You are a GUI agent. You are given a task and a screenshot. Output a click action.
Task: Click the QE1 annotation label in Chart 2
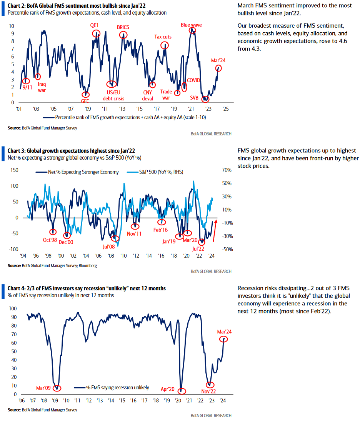point(95,25)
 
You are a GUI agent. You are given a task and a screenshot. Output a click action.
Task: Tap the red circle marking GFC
point(85,95)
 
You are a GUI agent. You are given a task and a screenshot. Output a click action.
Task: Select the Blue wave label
point(191,25)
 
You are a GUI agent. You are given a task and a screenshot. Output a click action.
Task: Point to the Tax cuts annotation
point(163,37)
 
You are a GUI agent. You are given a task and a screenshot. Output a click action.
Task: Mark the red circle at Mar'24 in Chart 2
point(219,68)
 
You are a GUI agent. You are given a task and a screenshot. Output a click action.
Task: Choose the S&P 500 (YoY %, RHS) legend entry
point(162,172)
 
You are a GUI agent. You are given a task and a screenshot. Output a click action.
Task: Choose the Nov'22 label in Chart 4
point(209,391)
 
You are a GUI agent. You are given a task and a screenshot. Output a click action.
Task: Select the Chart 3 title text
point(71,150)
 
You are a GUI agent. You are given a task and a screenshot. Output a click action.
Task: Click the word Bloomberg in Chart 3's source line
point(88,265)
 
